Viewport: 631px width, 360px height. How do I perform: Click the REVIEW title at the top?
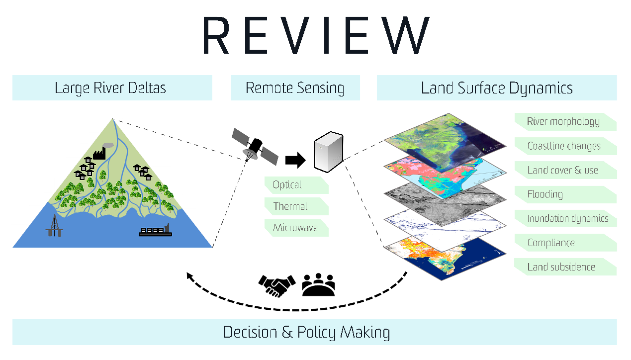click(315, 36)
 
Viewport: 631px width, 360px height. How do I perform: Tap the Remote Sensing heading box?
click(295, 88)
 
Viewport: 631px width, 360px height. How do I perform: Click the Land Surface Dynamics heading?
click(496, 88)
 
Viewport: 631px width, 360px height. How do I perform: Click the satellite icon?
click(255, 146)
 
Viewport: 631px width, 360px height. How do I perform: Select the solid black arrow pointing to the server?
click(295, 160)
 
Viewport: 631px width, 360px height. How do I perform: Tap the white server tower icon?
click(328, 152)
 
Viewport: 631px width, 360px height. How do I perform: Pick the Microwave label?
click(295, 228)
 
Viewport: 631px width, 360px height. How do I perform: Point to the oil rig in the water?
click(54, 226)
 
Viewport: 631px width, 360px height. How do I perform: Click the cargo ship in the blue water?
click(155, 231)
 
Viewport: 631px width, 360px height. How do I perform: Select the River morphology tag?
click(564, 122)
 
